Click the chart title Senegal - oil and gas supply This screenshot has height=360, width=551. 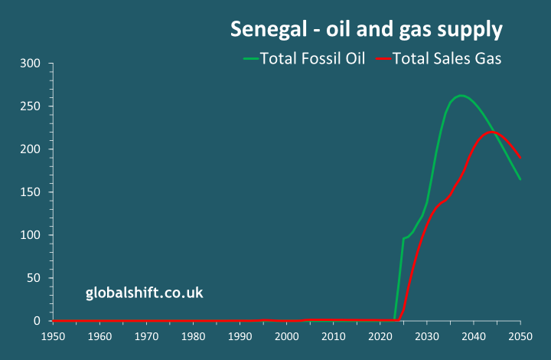[367, 30]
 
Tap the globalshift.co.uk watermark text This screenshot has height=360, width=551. [144, 293]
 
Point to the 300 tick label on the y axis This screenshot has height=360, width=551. [29, 63]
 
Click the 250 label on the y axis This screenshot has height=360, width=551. [29, 106]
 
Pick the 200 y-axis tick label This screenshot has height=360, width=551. [29, 149]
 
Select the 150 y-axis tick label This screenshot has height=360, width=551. [29, 191]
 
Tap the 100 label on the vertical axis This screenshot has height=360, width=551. [29, 234]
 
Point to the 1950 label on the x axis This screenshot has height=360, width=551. [53, 336]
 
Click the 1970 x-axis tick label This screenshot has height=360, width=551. [146, 336]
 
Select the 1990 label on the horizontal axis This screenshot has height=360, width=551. [240, 336]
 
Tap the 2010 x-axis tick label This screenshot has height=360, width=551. [333, 336]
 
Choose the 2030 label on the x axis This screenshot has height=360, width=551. [427, 336]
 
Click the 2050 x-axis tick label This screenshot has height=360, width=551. [520, 336]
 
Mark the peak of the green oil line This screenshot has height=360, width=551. [461, 96]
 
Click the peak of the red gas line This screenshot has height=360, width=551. [493, 133]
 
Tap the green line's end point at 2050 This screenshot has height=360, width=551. [520, 179]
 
